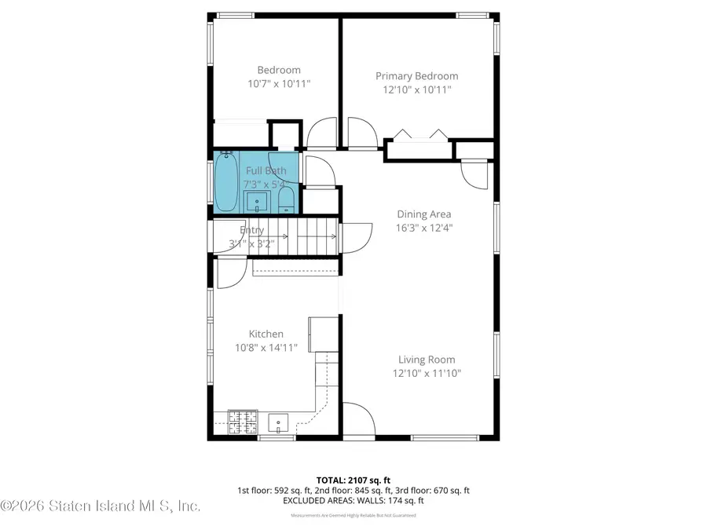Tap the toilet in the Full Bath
coord(287,199)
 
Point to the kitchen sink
coord(278,424)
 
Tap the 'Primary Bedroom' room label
coord(416,76)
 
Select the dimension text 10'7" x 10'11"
coord(273,83)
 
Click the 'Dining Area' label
coord(424,214)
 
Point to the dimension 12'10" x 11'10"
coord(427,374)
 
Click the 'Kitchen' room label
coord(266,334)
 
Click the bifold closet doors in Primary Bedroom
coord(421,134)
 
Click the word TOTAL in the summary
coord(331,480)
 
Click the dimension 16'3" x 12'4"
coord(424,228)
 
